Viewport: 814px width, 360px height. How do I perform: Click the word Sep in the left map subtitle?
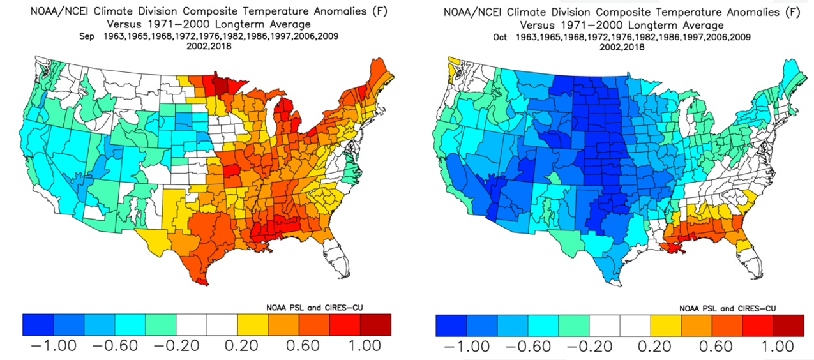[87, 36]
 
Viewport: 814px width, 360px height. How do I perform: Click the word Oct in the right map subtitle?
[500, 38]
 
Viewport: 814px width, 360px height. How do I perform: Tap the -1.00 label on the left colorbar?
[54, 346]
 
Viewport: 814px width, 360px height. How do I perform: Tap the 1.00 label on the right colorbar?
[778, 347]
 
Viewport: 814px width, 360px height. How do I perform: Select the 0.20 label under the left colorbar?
[241, 346]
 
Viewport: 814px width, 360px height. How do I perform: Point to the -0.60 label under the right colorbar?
[529, 347]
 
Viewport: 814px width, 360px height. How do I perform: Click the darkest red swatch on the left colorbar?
[376, 325]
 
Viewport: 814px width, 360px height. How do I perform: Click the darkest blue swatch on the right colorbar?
[451, 326]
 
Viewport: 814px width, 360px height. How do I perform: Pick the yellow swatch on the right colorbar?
[666, 326]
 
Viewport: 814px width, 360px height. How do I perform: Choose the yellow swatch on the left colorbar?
[253, 325]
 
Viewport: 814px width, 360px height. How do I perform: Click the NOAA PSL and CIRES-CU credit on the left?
[315, 308]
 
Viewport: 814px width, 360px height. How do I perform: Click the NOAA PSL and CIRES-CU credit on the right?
[728, 308]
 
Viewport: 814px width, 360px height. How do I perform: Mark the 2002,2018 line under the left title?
[209, 46]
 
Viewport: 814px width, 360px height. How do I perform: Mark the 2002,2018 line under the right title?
[622, 47]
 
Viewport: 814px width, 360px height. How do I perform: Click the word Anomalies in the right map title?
[752, 12]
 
